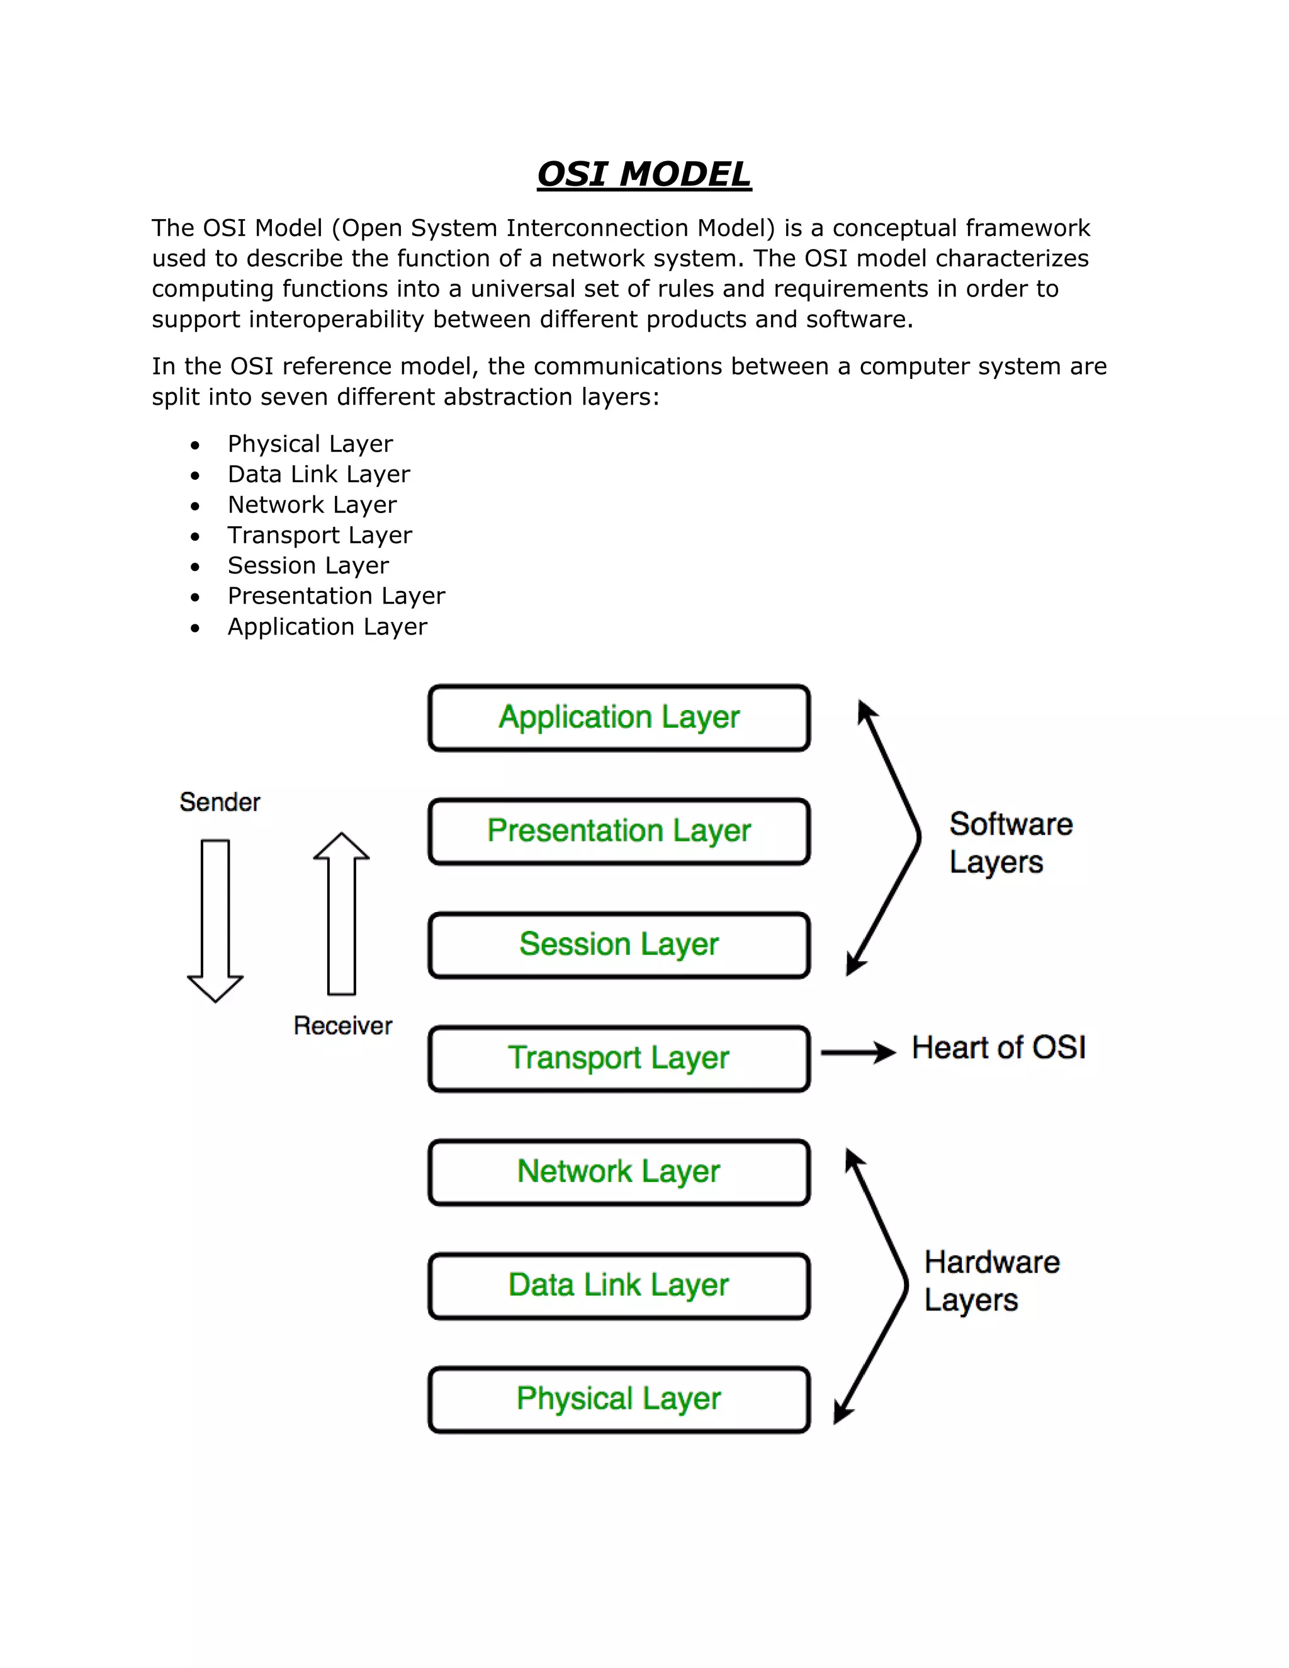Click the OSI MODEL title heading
(644, 174)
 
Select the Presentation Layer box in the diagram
(619, 831)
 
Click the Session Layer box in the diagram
(619, 945)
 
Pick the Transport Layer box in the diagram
(619, 1059)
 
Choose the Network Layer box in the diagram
(619, 1173)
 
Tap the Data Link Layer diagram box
(619, 1285)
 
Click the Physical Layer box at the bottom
(619, 1399)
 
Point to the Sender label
(220, 802)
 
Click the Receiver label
(343, 1026)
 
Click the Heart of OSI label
(998, 1048)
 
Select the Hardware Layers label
(991, 1281)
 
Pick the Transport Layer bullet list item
(319, 536)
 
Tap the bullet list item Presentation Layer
(336, 595)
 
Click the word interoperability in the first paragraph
(337, 319)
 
